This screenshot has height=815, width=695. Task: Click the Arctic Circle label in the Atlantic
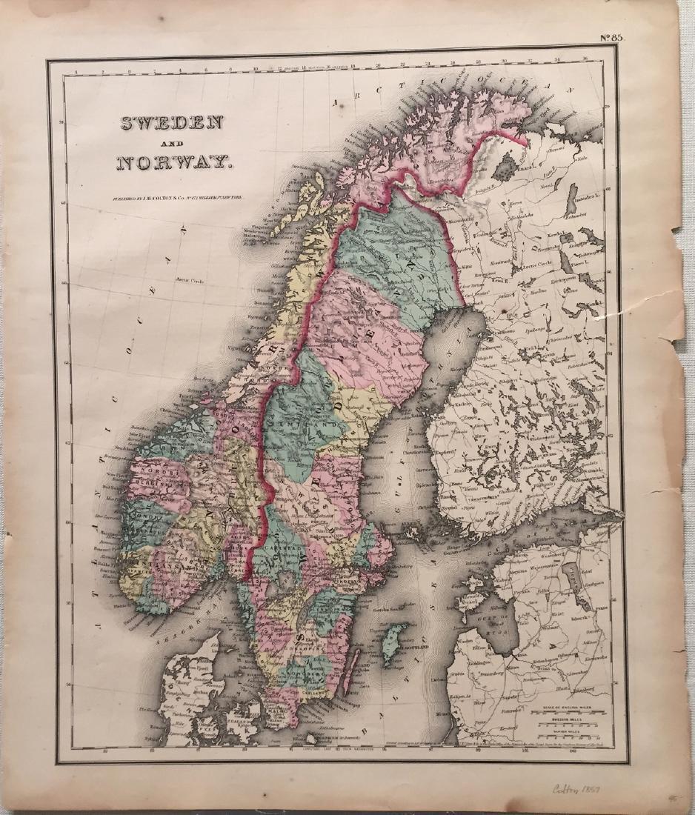(x=189, y=282)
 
